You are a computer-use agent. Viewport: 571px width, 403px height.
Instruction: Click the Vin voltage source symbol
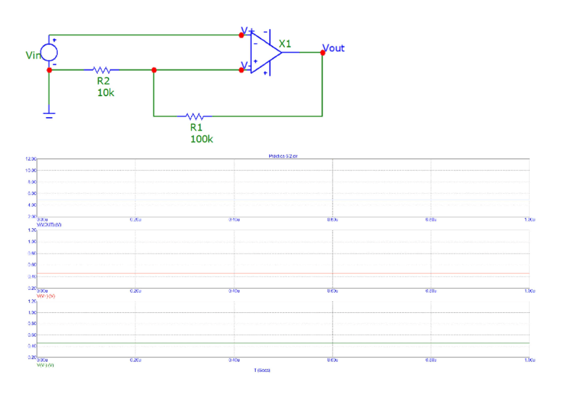point(49,52)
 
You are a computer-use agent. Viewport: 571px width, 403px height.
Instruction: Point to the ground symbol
point(49,114)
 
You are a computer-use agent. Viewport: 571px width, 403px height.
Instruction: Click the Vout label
point(334,48)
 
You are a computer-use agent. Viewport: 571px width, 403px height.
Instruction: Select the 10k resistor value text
point(106,92)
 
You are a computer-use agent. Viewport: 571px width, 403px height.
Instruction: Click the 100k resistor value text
point(201,139)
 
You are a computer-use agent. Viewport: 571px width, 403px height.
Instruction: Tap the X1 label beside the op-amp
point(285,44)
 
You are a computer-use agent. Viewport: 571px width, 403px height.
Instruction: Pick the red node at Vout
point(323,52)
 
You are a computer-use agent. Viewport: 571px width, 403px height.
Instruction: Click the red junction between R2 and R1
point(154,69)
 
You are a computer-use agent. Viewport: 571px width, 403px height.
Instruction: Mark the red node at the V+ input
point(242,35)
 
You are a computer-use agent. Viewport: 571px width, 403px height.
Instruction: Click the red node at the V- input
point(242,69)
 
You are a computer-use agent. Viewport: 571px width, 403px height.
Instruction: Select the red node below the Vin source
point(49,69)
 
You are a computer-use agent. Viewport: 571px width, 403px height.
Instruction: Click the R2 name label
point(103,81)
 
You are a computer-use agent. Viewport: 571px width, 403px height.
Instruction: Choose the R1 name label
point(196,126)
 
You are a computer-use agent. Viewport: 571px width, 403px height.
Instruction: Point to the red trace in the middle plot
point(283,274)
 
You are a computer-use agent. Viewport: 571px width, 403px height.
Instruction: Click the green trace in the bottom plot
point(283,343)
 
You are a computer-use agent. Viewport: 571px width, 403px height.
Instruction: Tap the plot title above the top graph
point(279,155)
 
